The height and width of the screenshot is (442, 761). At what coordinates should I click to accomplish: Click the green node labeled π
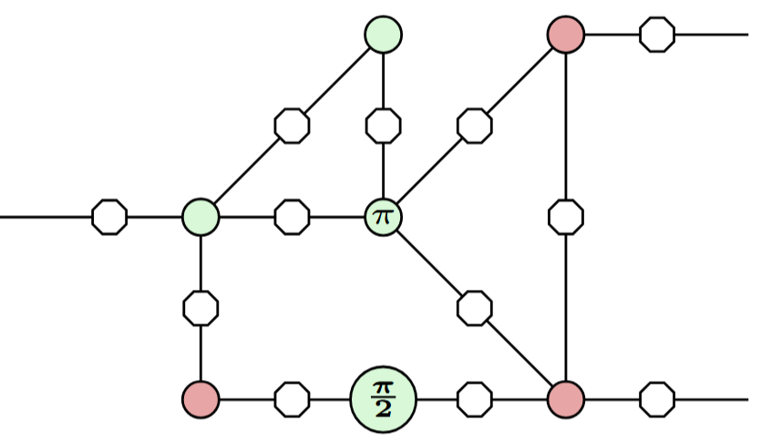click(383, 217)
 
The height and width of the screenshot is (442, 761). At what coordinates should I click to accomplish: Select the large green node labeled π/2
click(383, 399)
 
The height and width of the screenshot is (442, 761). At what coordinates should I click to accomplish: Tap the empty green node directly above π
click(383, 35)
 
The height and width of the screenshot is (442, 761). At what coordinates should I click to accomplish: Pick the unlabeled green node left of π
click(201, 217)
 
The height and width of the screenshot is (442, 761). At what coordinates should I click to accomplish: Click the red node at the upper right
click(566, 35)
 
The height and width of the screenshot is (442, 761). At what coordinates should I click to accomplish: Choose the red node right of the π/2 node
click(566, 399)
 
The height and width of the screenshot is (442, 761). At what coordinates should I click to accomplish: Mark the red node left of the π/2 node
click(201, 399)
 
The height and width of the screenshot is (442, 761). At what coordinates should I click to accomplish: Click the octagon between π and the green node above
click(383, 126)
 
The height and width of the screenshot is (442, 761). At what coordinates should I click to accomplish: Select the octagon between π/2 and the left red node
click(292, 399)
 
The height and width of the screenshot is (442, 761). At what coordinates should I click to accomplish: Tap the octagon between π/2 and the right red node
click(474, 399)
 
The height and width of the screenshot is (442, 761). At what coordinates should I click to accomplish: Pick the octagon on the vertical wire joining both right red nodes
click(566, 217)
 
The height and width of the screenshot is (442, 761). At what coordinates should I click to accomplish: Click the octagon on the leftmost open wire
click(109, 217)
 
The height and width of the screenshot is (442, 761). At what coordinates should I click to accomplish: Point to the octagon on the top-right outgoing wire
click(657, 35)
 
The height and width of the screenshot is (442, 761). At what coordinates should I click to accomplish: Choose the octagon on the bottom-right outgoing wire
click(657, 399)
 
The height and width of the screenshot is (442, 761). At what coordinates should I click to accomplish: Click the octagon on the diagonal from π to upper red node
click(474, 126)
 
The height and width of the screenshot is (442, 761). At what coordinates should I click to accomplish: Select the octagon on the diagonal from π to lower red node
click(474, 308)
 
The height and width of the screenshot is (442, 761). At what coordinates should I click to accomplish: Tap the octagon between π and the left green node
click(292, 217)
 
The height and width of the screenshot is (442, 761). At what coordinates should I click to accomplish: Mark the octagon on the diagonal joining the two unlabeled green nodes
click(292, 126)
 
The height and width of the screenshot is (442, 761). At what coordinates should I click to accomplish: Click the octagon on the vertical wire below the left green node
click(201, 308)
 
